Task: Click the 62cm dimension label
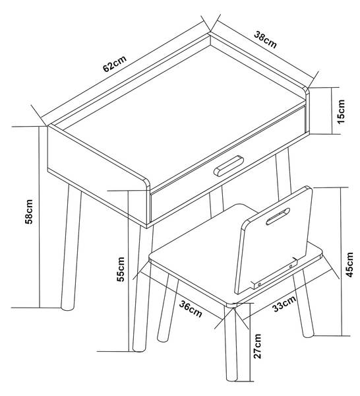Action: pos(115,63)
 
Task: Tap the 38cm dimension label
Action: pos(266,40)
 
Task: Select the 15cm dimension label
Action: pos(341,112)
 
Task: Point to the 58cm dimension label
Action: pos(29,212)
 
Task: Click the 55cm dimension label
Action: pos(121,269)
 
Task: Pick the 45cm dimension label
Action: pos(349,265)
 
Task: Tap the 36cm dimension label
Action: pos(191,310)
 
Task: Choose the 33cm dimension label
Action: pos(284,304)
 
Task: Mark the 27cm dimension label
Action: pos(257,346)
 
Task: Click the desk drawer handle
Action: pos(229,166)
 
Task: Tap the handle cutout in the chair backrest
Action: pos(278,216)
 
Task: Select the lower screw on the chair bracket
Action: pos(259,284)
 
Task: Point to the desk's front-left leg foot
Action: pos(67,308)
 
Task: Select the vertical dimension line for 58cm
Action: pos(39,217)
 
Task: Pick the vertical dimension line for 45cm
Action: pos(342,261)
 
